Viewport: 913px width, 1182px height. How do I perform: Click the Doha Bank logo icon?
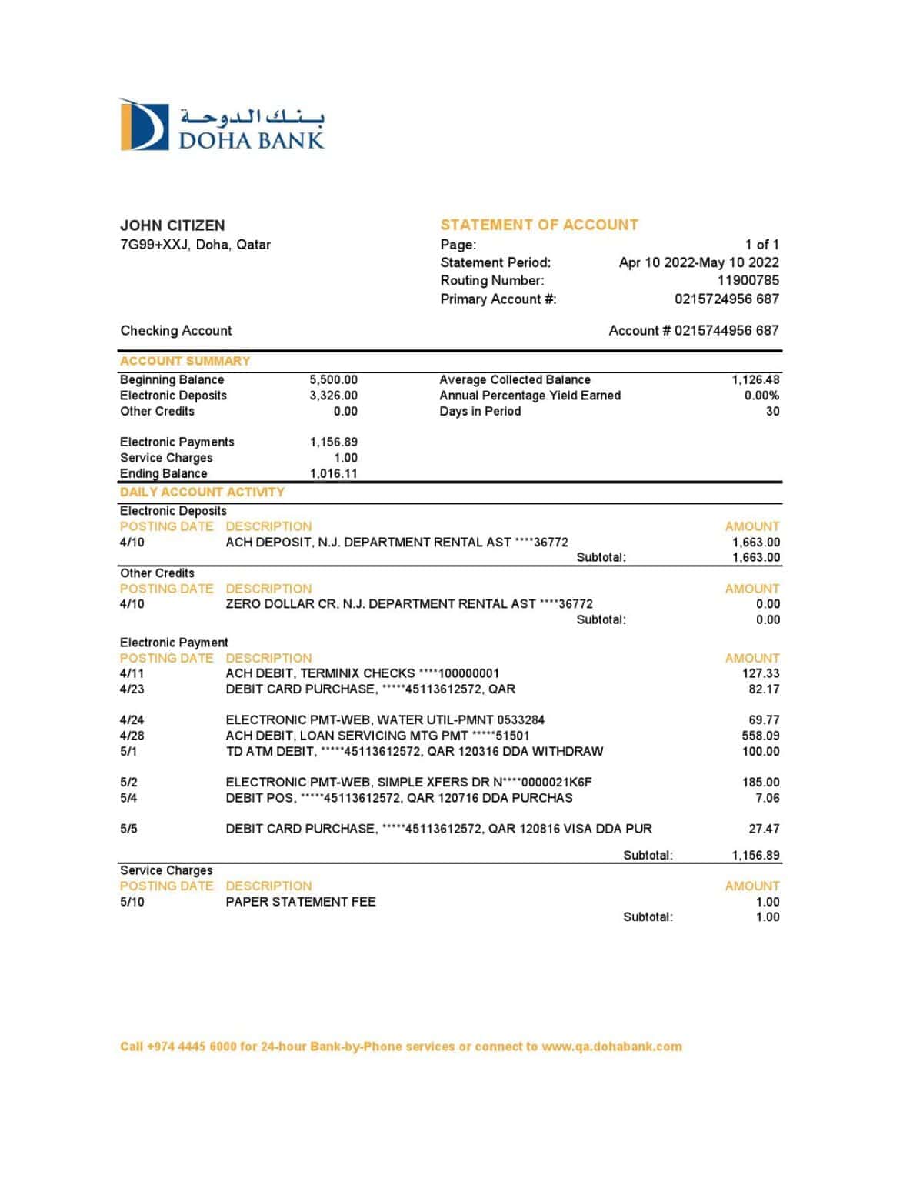pos(144,125)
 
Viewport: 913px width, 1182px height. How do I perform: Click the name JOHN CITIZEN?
pos(172,225)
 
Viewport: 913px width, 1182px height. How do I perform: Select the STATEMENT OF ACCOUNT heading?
pos(539,225)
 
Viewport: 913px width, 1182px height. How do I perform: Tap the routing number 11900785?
pos(748,281)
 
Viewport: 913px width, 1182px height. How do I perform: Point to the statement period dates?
pos(698,262)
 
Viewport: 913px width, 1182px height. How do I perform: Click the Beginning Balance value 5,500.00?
pos(333,380)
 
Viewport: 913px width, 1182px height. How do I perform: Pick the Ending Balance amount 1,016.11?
pos(333,474)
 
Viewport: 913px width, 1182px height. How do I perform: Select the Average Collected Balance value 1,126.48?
pos(755,380)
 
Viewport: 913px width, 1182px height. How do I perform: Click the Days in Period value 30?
pos(772,412)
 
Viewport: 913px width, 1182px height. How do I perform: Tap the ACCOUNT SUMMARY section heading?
pos(185,361)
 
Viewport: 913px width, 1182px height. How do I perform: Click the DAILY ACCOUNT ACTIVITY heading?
pos(202,492)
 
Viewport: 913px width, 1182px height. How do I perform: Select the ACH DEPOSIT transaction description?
pos(396,543)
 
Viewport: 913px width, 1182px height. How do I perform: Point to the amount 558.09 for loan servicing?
pos(760,736)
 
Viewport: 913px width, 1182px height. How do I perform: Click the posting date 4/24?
pos(132,720)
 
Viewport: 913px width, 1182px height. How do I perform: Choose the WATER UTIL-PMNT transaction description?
pos(385,720)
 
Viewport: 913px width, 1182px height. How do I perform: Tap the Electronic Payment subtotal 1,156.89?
pos(755,856)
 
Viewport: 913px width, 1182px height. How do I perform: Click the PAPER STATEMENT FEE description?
pos(301,902)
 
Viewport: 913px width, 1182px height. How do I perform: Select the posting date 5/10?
pos(132,902)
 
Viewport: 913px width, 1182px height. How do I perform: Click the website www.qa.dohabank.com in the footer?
pos(611,1047)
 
